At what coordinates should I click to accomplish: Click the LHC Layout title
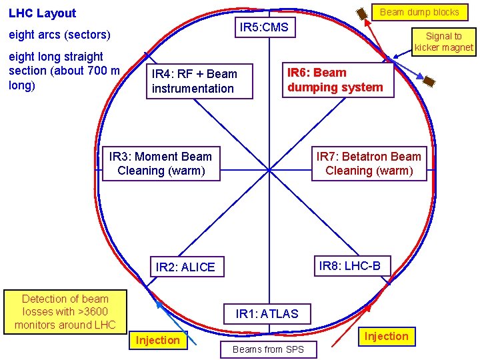[42, 13]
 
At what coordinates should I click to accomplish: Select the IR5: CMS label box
[264, 27]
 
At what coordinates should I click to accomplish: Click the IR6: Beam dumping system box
[335, 80]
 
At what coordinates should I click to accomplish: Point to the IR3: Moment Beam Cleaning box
[161, 164]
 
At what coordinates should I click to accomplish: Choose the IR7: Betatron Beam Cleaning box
[369, 164]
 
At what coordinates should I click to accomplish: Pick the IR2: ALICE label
[185, 267]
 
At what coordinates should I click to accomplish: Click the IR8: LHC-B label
[350, 266]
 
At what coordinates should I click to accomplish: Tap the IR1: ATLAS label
[267, 313]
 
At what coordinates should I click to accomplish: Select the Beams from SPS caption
[268, 349]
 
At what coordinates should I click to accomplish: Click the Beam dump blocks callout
[419, 12]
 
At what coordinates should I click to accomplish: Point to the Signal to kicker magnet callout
[443, 41]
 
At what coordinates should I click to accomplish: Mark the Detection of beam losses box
[65, 312]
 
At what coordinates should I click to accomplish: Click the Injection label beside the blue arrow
[158, 340]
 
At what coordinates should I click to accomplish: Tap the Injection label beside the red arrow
[386, 336]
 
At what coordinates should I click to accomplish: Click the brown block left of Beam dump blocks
[361, 13]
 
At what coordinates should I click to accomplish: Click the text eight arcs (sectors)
[59, 35]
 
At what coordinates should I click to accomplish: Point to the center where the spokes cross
[269, 169]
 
